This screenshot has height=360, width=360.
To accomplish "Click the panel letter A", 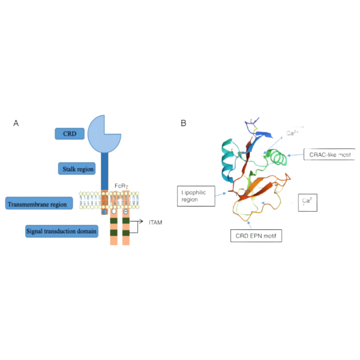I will pyautogui.click(x=16, y=123).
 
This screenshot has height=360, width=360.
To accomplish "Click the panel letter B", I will pyautogui.click(x=184, y=123).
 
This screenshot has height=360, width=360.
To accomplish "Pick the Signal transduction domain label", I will pyautogui.click(x=62, y=230).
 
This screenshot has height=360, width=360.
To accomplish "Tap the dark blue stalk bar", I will pyautogui.click(x=104, y=171).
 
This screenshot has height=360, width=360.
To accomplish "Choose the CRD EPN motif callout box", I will pyautogui.click(x=256, y=235).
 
